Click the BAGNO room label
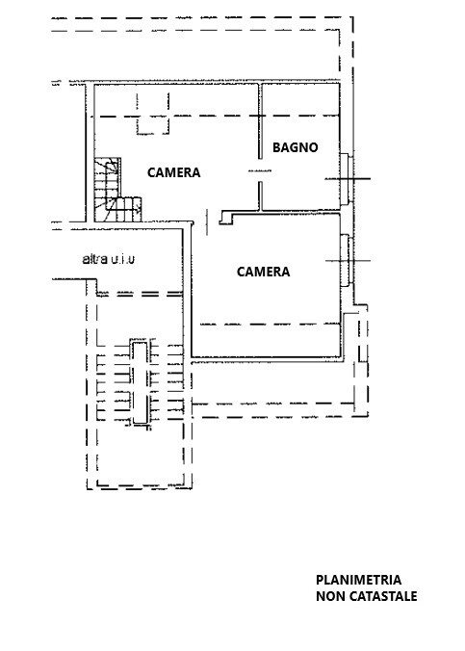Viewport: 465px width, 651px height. (x=296, y=147)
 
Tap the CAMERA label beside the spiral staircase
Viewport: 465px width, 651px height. (x=174, y=172)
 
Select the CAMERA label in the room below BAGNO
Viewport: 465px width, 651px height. (x=263, y=272)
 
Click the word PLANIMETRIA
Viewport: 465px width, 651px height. (x=359, y=580)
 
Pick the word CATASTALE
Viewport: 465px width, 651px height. (x=383, y=596)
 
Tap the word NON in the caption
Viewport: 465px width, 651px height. (x=331, y=596)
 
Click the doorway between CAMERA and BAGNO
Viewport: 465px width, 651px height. (x=260, y=170)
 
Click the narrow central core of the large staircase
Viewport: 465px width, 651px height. (x=140, y=382)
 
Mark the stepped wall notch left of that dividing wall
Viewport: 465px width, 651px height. (x=226, y=218)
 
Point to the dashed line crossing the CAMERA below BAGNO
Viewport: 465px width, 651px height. (x=270, y=324)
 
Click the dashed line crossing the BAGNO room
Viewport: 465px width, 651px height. (x=300, y=115)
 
